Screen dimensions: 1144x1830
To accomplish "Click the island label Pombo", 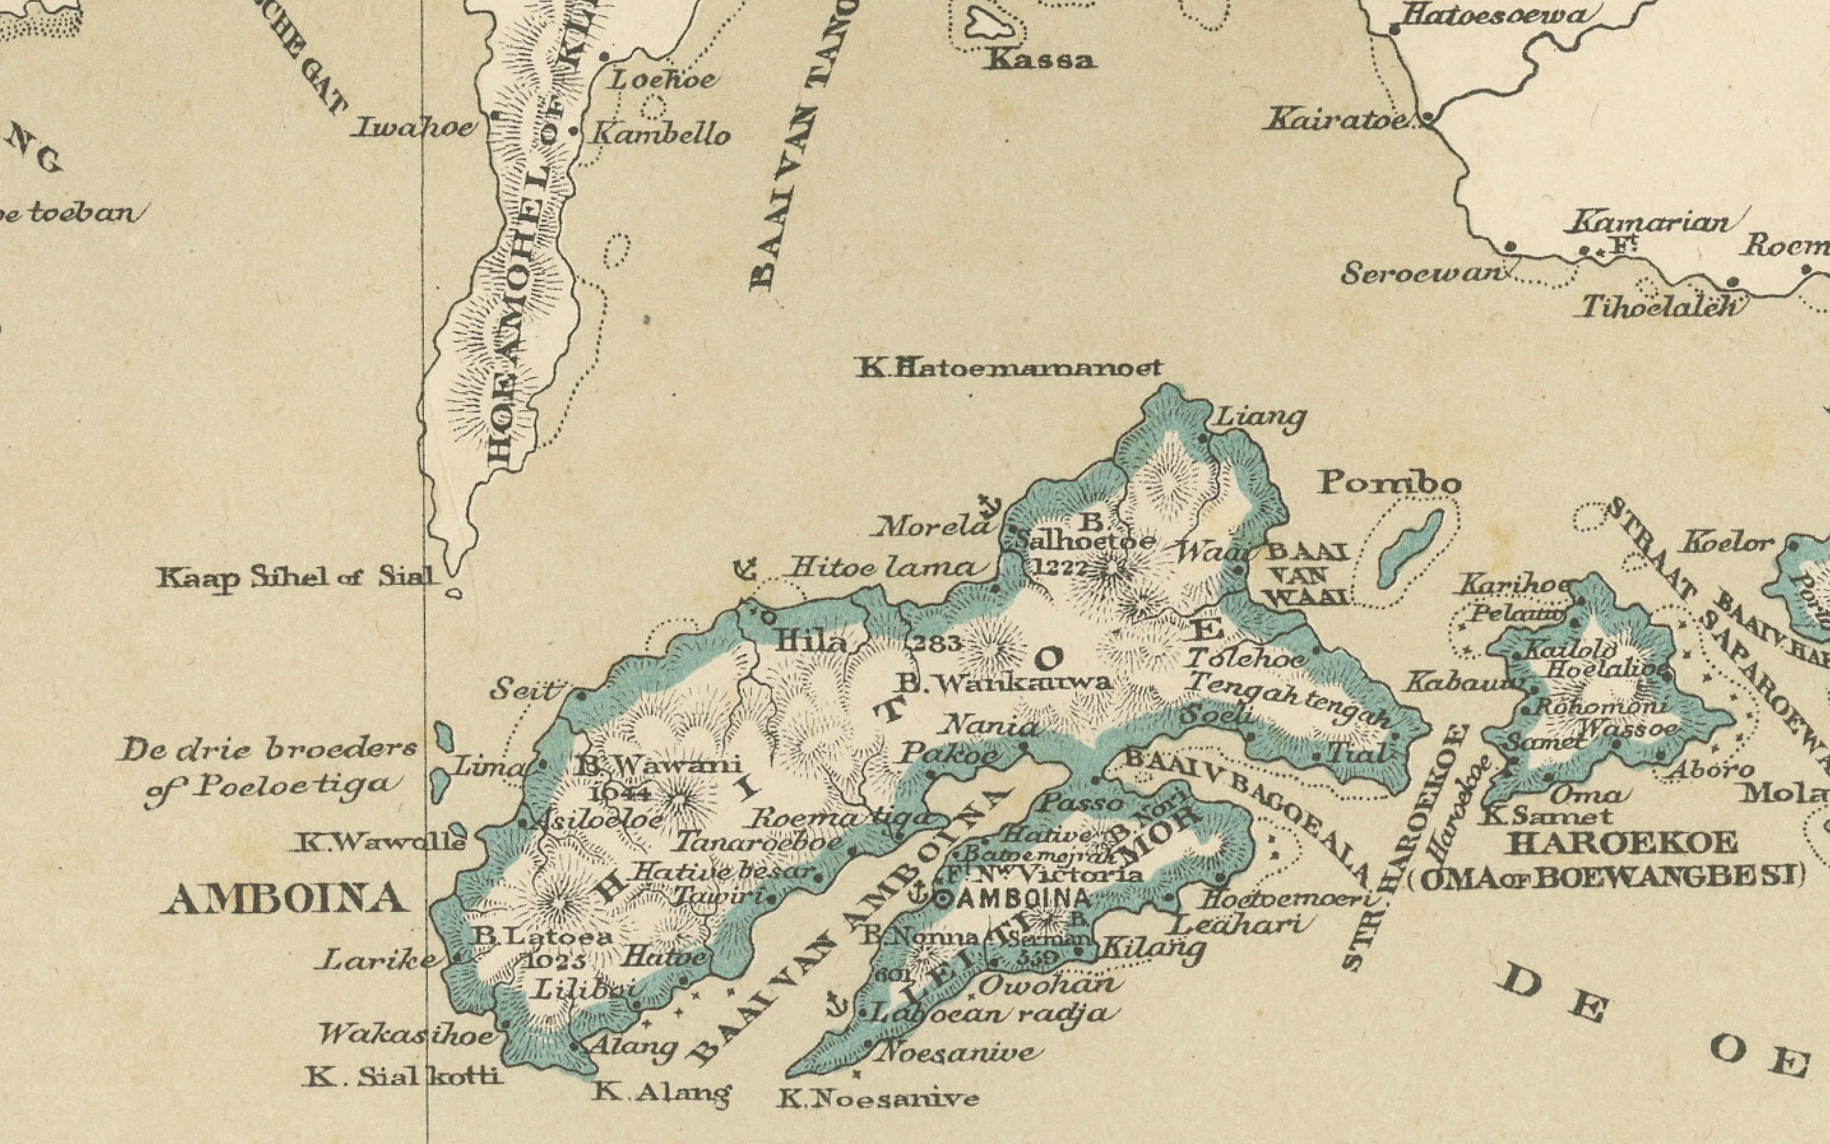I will (1389, 483).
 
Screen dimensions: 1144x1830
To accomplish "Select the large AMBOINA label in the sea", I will (284, 900).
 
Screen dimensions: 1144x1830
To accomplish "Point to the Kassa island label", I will (1040, 60).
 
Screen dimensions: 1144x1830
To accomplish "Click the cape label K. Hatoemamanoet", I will (1009, 369).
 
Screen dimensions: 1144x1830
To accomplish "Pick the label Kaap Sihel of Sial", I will (297, 579).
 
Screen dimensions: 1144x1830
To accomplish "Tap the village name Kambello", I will (660, 135).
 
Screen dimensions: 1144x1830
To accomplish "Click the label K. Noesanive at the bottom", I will (877, 1098).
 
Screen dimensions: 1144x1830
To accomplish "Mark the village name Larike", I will (375, 960).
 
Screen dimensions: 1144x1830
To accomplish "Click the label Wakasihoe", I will (406, 1034).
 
